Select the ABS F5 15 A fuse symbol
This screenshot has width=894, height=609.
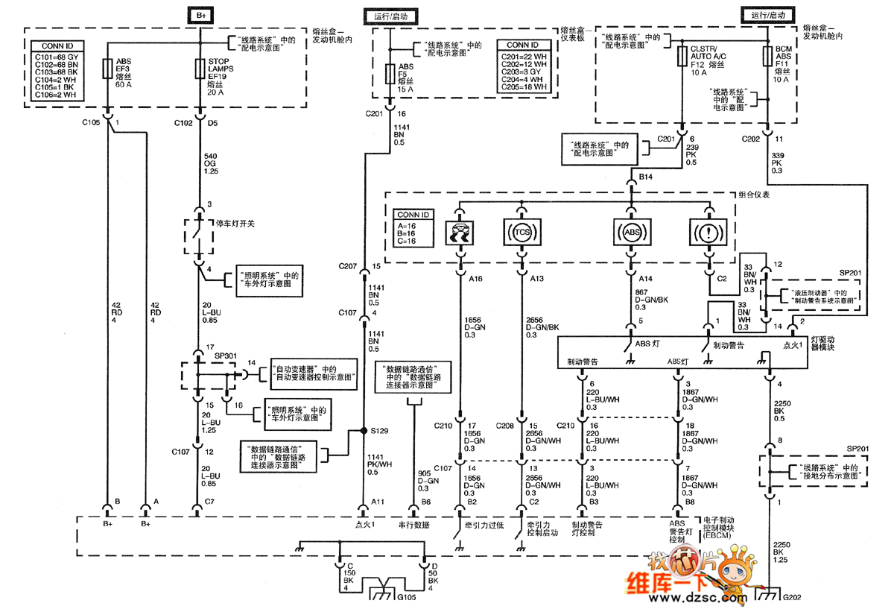[x=388, y=73]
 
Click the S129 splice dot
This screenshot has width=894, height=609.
[x=364, y=431]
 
